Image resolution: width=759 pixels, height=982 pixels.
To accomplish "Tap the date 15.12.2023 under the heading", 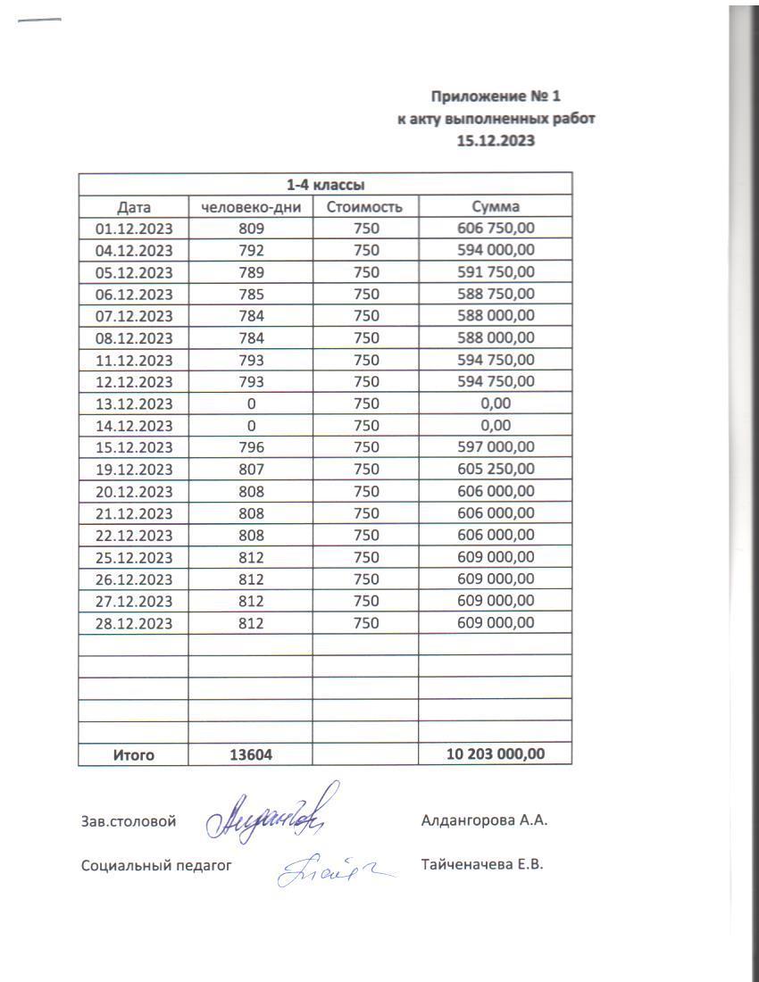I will pyautogui.click(x=496, y=141).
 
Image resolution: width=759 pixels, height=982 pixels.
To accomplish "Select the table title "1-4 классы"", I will pyautogui.click(x=325, y=186).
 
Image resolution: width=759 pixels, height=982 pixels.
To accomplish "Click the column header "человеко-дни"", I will pyautogui.click(x=251, y=207).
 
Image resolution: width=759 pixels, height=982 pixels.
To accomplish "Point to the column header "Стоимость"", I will pyautogui.click(x=365, y=207).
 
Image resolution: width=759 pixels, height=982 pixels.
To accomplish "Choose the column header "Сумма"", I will pyautogui.click(x=496, y=207).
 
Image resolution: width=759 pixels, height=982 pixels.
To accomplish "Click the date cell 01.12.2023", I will pyautogui.click(x=134, y=229).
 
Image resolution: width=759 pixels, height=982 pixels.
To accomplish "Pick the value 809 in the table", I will pyautogui.click(x=251, y=229).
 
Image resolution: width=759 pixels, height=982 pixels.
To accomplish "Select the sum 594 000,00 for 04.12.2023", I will pyautogui.click(x=496, y=251).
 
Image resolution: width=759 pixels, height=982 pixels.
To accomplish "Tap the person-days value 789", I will pyautogui.click(x=251, y=273).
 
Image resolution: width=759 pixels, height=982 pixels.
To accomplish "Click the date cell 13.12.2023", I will pyautogui.click(x=134, y=404).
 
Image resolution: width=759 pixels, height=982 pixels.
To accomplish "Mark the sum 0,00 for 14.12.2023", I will pyautogui.click(x=496, y=425).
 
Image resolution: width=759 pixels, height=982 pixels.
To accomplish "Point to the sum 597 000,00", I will pyautogui.click(x=496, y=447).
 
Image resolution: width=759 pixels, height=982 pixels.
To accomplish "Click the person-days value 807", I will pyautogui.click(x=251, y=469).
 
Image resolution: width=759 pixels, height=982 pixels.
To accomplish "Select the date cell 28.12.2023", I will pyautogui.click(x=134, y=623).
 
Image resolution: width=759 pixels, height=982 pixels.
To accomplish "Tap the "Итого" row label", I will pyautogui.click(x=134, y=754).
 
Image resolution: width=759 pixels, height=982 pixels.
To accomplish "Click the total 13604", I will pyautogui.click(x=251, y=754).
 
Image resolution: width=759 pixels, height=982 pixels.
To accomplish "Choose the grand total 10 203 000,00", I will pyautogui.click(x=496, y=754).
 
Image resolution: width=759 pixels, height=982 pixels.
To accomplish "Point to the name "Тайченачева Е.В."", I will pyautogui.click(x=482, y=864).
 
